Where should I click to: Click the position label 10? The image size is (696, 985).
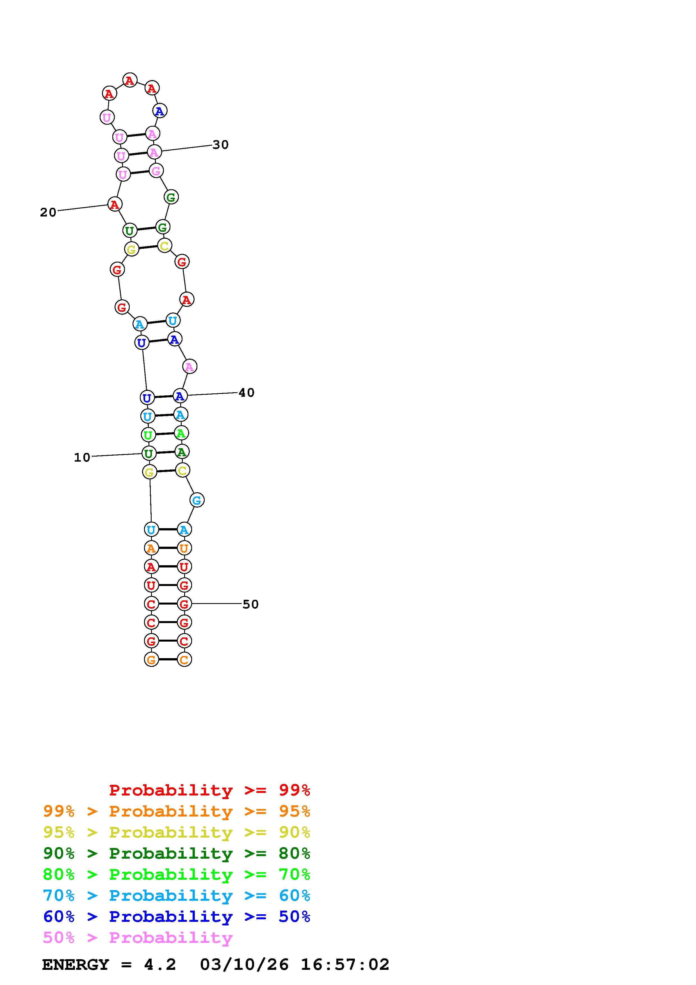click(82, 457)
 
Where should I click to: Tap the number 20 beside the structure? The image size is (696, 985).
click(48, 212)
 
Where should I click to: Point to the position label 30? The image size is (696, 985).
click(220, 145)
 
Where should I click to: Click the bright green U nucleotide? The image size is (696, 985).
click(148, 435)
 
